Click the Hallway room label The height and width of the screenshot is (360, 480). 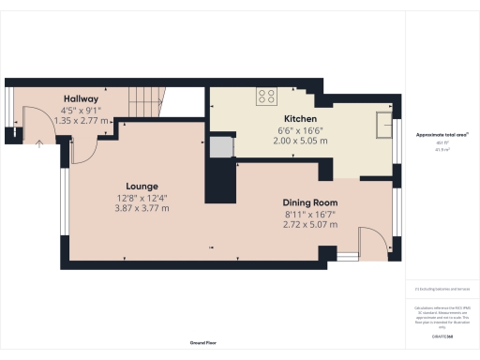(x=82, y=98)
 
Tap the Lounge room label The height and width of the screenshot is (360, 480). (x=142, y=187)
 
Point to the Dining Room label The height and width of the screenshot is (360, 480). (x=310, y=203)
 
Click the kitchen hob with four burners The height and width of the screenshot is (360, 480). (x=265, y=94)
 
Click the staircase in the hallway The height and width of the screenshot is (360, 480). (x=151, y=98)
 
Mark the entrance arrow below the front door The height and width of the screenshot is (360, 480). (x=38, y=143)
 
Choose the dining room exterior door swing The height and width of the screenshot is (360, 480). (x=370, y=242)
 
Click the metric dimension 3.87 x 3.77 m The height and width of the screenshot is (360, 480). (x=142, y=207)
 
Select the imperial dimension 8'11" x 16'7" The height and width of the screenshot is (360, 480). (x=310, y=215)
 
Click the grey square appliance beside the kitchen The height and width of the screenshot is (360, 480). (x=219, y=146)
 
